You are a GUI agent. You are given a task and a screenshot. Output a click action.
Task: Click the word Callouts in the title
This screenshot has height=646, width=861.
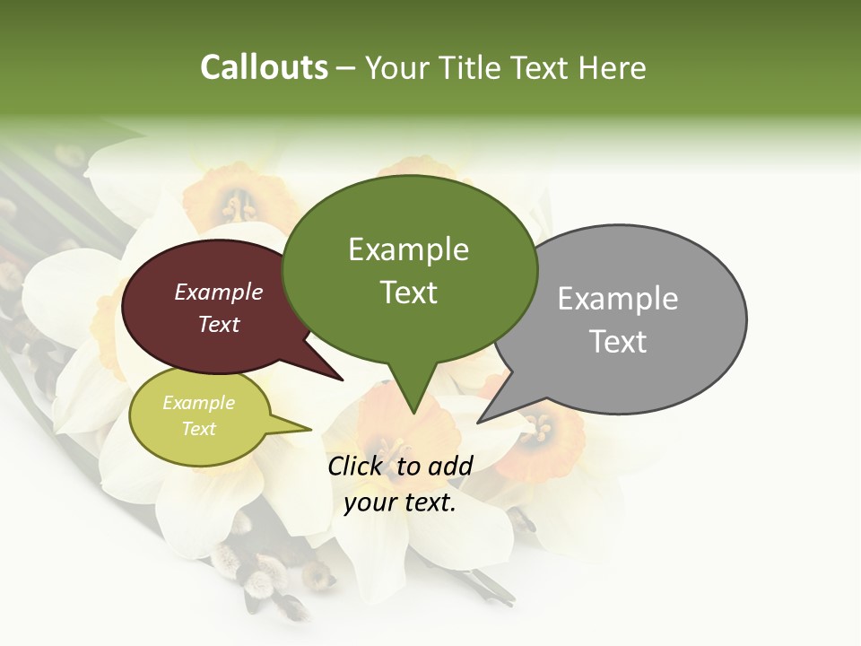[264, 67]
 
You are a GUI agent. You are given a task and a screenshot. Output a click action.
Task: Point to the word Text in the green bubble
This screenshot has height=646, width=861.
[408, 292]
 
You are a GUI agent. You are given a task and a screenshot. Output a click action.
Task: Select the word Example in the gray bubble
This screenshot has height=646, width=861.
[617, 298]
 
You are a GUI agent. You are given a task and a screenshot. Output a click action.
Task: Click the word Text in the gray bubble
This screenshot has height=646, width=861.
[617, 342]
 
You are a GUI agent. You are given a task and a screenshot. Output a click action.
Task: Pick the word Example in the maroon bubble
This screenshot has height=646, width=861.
[218, 292]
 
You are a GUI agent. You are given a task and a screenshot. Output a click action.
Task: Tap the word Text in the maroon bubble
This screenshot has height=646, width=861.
[218, 324]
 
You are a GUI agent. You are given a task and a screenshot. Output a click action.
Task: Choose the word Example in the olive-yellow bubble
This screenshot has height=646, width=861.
[198, 403]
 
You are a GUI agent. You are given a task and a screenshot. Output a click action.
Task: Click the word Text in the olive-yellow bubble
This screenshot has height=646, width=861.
[198, 429]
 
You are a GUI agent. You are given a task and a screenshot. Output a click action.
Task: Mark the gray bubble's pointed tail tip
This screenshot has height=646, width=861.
[478, 422]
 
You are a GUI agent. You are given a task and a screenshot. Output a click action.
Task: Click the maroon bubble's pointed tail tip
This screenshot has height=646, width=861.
[343, 380]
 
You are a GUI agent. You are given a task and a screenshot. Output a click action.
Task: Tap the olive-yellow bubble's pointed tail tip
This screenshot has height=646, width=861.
[311, 429]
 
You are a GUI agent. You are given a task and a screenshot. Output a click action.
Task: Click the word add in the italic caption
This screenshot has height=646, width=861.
[452, 466]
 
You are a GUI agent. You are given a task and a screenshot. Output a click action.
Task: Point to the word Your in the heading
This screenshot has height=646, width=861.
[396, 67]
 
